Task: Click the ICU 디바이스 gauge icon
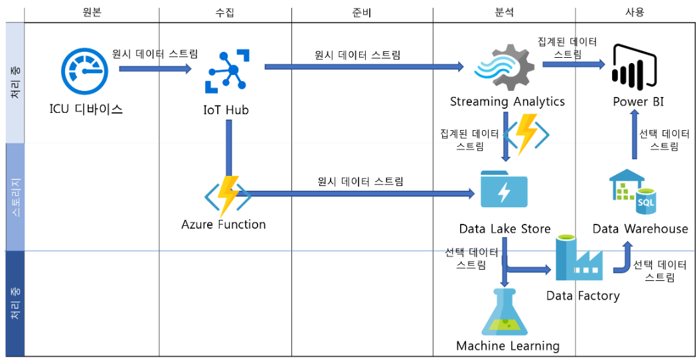tap(84, 72)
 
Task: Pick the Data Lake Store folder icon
tap(503, 191)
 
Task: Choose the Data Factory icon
tap(578, 258)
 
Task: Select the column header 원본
tap(92, 12)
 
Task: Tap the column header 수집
tap(225, 12)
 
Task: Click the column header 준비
tap(362, 12)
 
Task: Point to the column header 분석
tap(504, 12)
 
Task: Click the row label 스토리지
tap(15, 197)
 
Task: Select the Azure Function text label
tap(224, 225)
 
